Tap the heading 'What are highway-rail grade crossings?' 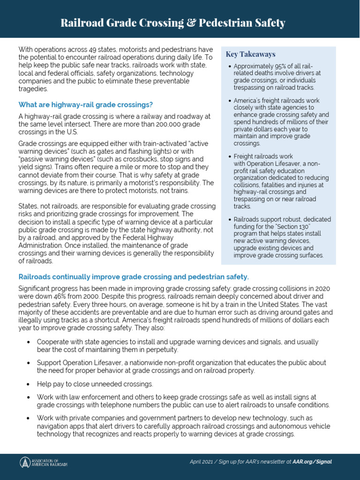[85, 104]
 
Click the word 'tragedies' [33, 89]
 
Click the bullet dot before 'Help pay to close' [29, 384]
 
